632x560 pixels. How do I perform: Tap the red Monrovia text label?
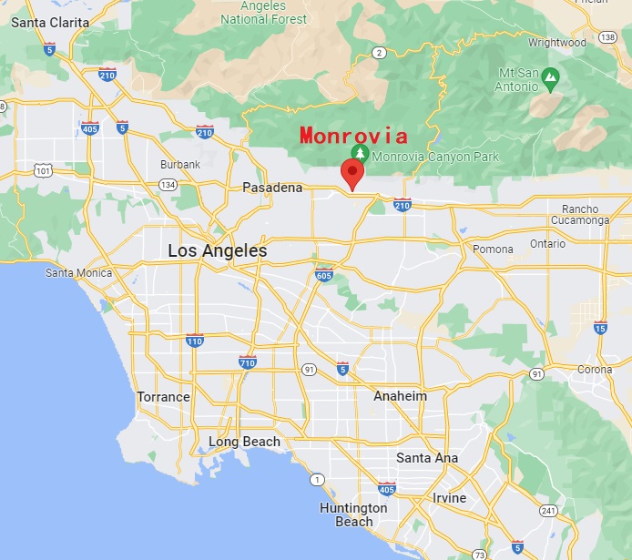[x=353, y=136]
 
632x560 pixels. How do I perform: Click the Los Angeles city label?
[x=217, y=250]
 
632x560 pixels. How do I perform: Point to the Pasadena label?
[x=271, y=188]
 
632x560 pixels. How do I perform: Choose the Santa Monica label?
[x=79, y=273]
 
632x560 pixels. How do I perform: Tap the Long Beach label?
[x=244, y=442]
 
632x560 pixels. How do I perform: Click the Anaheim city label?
[x=400, y=396]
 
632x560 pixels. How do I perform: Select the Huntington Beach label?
[x=353, y=514]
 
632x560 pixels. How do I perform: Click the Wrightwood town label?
[x=556, y=42]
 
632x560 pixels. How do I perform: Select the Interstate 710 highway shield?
[x=247, y=362]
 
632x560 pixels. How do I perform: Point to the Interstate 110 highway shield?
[x=194, y=341]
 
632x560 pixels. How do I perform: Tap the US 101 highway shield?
[x=42, y=169]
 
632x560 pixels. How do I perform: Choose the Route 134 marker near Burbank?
[x=168, y=185]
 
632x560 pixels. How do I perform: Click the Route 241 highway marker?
[x=547, y=510]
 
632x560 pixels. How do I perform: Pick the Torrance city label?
[x=163, y=397]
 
